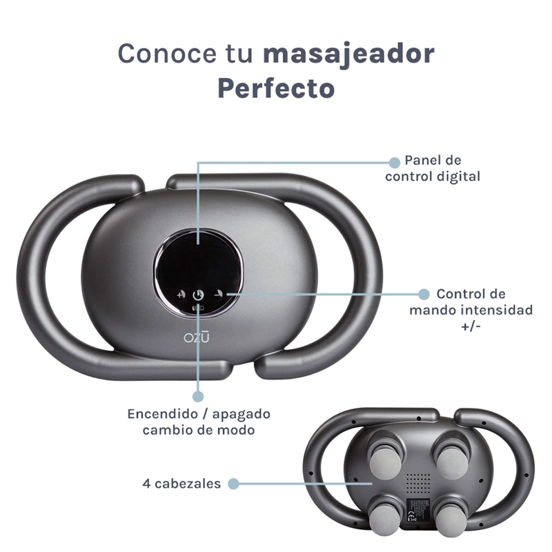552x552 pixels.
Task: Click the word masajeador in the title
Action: pos(349,55)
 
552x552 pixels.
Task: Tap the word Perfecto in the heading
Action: pos(277,88)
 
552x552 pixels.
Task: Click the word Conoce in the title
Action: pos(166,53)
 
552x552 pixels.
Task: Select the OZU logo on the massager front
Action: pos(196,337)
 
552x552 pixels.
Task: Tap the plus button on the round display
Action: pos(180,295)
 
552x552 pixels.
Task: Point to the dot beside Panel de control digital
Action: pos(395,162)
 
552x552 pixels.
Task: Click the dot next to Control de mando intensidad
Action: pos(424,295)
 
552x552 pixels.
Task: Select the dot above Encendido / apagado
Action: pos(198,396)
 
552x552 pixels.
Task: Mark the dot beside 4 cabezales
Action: pos(233,484)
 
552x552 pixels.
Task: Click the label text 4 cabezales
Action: pos(181,484)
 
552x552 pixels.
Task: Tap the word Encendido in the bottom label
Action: pos(163,414)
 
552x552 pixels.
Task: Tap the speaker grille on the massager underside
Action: pos(419,482)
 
